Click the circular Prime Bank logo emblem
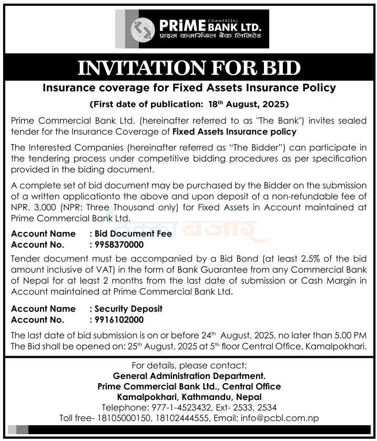(141, 29)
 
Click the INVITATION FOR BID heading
(189, 68)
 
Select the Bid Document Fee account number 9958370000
(117, 245)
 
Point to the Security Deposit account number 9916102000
(117, 319)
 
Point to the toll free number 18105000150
(120, 418)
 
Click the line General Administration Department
(189, 376)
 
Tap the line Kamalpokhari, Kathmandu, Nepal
(189, 397)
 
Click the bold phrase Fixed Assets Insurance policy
(235, 132)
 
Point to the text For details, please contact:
(189, 365)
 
